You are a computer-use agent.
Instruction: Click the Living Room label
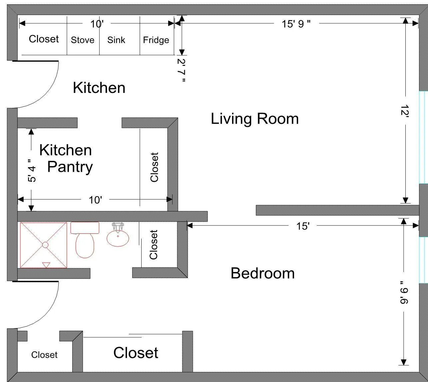click(255, 119)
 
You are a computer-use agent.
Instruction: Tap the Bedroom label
click(262, 273)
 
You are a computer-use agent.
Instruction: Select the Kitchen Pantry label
click(66, 159)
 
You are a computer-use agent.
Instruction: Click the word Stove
click(83, 40)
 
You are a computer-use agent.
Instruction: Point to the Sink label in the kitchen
click(116, 40)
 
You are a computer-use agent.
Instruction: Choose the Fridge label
click(156, 40)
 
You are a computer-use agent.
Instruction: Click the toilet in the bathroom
click(85, 245)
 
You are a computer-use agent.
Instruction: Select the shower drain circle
click(45, 245)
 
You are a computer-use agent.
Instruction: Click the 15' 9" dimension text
click(296, 24)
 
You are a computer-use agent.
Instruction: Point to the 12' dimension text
click(405, 111)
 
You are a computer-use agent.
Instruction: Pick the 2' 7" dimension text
click(182, 70)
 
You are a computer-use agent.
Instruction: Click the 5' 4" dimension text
click(32, 171)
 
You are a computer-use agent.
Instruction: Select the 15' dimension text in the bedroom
click(303, 226)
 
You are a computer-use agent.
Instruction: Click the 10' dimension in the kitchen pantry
click(95, 200)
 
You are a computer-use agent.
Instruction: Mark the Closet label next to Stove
click(44, 39)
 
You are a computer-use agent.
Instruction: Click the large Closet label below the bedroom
click(136, 353)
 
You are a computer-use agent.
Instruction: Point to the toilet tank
click(85, 228)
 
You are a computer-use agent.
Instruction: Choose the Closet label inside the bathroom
click(154, 245)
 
